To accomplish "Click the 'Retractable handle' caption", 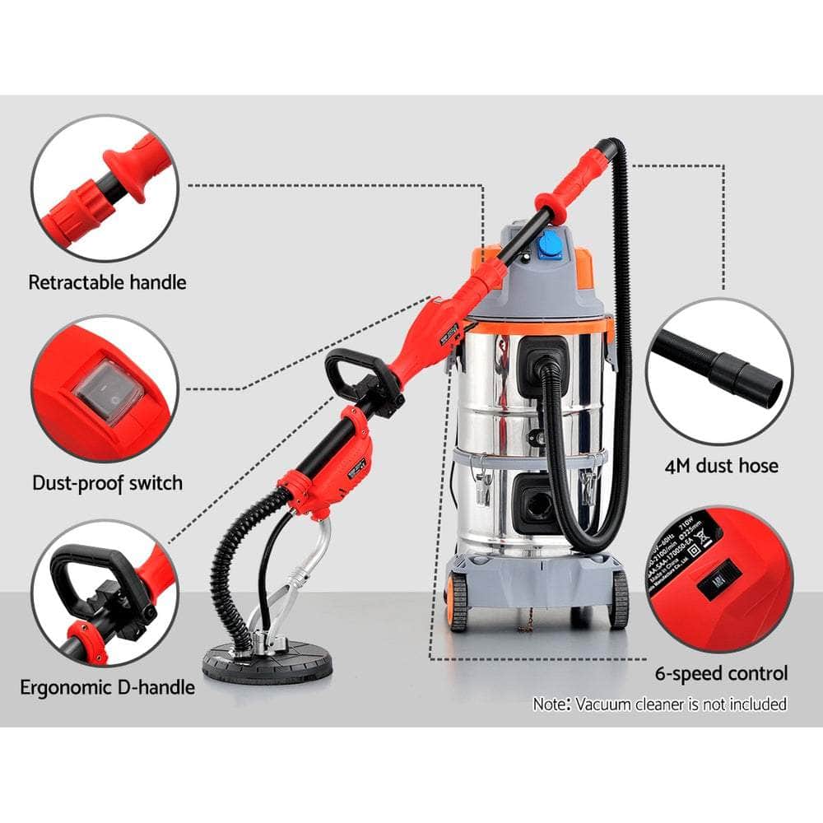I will tap(107, 282).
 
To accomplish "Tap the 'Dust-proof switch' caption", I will tap(107, 482).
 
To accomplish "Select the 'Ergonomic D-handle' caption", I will tap(108, 686).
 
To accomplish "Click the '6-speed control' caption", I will tap(721, 673).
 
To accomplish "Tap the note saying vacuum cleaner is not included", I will tap(659, 704).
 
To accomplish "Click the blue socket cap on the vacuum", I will tap(549, 244).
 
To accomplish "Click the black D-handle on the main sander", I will tap(354, 374).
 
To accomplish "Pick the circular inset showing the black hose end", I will tap(718, 370).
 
